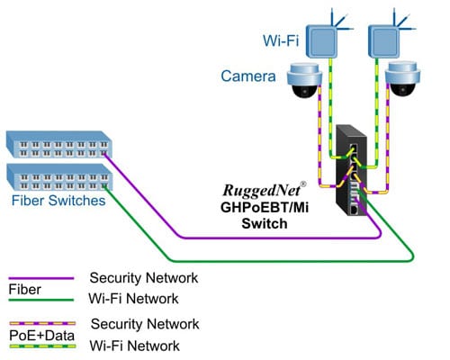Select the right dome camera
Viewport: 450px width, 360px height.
(x=400, y=81)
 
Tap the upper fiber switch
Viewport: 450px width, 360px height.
(x=58, y=143)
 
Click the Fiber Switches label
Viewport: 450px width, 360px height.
(x=56, y=201)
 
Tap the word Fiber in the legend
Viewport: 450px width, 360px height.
(x=24, y=290)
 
